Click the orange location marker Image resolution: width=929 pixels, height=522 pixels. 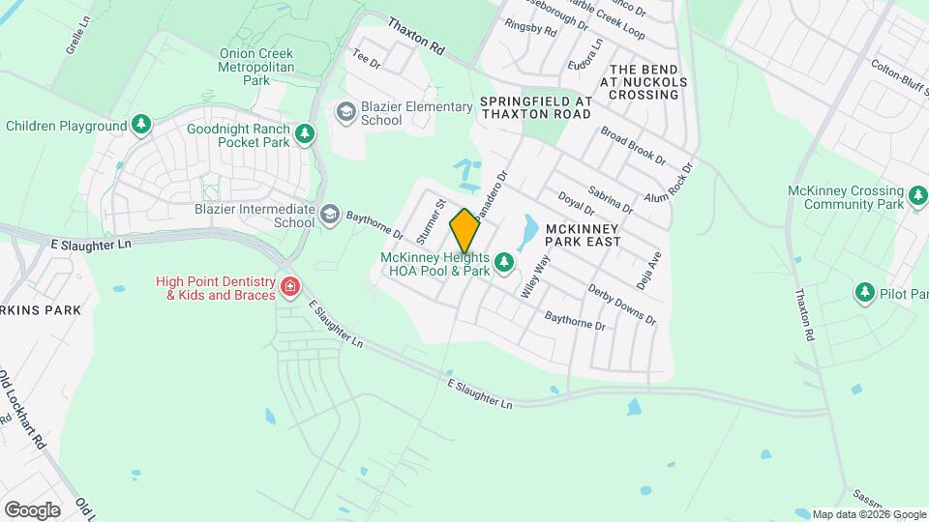click(x=464, y=231)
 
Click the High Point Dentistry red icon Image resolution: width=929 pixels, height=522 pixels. click(x=289, y=287)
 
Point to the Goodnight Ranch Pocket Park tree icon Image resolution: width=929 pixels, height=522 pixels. click(x=306, y=133)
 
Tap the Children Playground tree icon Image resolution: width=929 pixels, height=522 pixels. click(x=141, y=126)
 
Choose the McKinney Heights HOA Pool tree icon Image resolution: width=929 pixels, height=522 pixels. click(x=503, y=262)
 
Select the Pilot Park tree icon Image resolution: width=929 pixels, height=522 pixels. click(x=863, y=292)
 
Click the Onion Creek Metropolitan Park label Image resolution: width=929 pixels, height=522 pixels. click(x=256, y=68)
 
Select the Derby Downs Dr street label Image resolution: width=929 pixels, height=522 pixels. click(x=622, y=306)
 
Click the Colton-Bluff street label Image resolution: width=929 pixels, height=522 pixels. click(x=898, y=76)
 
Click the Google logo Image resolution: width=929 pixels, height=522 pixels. click(x=32, y=510)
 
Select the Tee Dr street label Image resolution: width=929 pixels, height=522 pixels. click(x=368, y=59)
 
